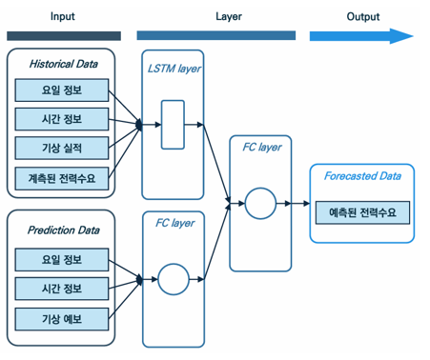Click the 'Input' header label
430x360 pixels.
[x=63, y=16]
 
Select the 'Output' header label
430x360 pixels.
[x=362, y=16]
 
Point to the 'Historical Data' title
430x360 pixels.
[x=64, y=65]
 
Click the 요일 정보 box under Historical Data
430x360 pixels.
[x=62, y=90]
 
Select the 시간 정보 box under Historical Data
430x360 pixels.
[x=62, y=119]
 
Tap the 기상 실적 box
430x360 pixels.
[x=62, y=149]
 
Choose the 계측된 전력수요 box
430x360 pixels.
[x=62, y=177]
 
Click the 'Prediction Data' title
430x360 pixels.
[x=64, y=230]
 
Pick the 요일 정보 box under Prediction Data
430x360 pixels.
[x=62, y=258]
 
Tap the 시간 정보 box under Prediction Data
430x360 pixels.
[x=62, y=288]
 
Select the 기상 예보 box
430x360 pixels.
[x=62, y=317]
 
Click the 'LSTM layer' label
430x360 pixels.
[x=174, y=69]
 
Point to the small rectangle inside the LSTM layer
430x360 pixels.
[x=173, y=125]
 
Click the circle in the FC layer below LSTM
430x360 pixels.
[x=173, y=280]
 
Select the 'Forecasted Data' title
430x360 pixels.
[x=362, y=176]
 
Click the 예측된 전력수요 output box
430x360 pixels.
[x=362, y=210]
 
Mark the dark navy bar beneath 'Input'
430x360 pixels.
[x=63, y=36]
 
